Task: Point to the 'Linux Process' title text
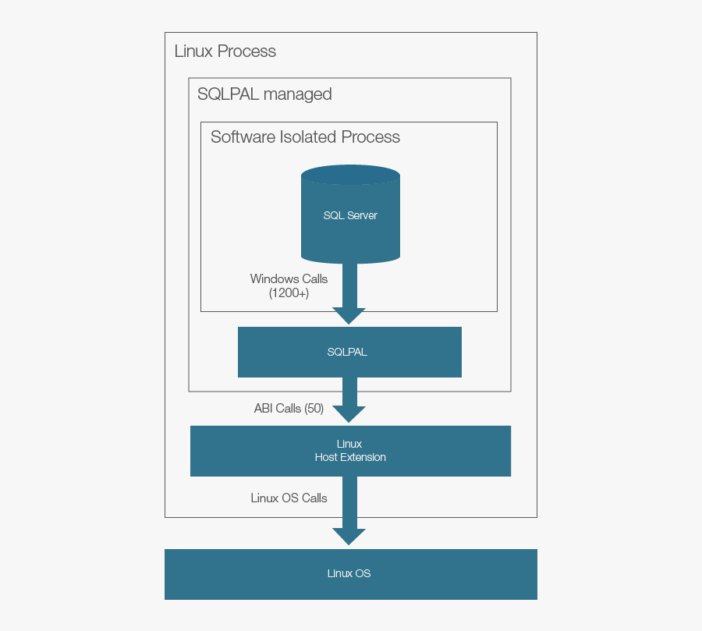point(225,51)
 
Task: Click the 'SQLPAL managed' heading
point(264,94)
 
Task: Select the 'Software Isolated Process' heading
point(305,137)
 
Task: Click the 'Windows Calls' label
point(289,278)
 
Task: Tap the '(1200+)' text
point(289,293)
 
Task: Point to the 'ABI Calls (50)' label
point(289,408)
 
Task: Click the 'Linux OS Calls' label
point(289,498)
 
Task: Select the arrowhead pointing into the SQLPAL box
point(349,315)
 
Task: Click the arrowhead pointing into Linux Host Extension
point(349,413)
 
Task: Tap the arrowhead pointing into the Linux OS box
point(349,536)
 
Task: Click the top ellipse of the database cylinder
point(350,175)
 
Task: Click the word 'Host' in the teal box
point(326,457)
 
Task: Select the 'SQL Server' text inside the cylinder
point(350,215)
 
